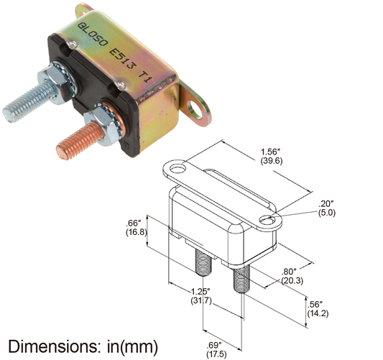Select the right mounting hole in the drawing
coord(267,220)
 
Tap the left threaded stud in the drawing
coord(203,264)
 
